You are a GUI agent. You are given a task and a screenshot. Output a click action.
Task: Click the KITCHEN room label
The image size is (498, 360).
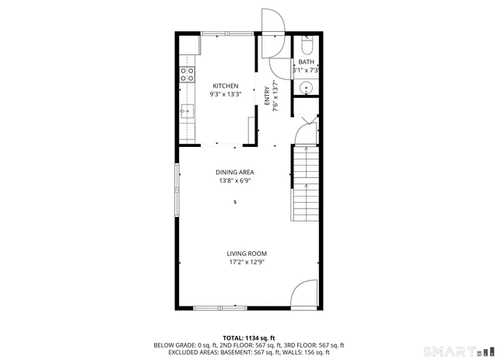tap(226, 86)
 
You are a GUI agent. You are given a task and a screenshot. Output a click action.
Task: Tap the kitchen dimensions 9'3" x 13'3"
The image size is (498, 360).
tap(226, 94)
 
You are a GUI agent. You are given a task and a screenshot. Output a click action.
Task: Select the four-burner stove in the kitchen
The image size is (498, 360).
tap(187, 75)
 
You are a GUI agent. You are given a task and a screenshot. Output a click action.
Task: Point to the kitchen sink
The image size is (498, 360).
tap(187, 111)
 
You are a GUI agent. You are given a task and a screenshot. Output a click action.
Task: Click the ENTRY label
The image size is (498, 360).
tap(267, 96)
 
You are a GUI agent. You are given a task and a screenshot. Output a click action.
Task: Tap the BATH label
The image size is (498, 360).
tap(306, 62)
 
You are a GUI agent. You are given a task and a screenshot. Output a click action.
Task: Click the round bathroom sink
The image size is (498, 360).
tap(307, 87)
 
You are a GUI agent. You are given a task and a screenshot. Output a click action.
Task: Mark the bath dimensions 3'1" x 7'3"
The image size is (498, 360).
tap(306, 70)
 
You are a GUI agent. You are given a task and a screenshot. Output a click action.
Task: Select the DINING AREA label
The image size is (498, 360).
tap(235, 173)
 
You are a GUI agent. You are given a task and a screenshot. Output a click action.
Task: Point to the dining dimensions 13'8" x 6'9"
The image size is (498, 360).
tap(235, 181)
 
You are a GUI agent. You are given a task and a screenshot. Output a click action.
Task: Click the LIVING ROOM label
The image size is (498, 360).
tap(247, 253)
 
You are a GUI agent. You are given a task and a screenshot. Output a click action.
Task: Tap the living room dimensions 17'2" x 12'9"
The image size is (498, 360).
tap(247, 262)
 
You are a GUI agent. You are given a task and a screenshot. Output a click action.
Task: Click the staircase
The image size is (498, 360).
tap(306, 184)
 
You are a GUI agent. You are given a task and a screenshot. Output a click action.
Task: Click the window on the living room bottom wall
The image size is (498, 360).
tap(218, 308)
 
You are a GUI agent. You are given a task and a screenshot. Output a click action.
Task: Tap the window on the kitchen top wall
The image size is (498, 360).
tap(227, 33)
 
